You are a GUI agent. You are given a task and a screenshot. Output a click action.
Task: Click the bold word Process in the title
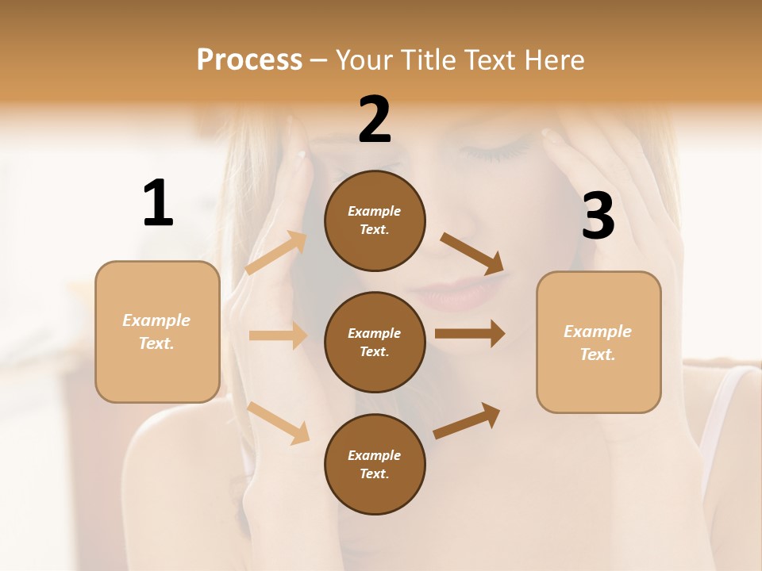coord(249,60)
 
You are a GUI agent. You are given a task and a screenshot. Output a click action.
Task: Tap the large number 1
coord(158,203)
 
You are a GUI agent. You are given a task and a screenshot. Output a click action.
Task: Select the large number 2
coord(375,120)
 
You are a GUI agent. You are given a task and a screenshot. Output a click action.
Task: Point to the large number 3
coord(598,217)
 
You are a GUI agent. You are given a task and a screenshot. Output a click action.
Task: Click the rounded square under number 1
coord(157,331)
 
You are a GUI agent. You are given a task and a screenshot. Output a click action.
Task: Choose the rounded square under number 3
coord(598,343)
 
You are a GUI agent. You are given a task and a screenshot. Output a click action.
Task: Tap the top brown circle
coord(375,220)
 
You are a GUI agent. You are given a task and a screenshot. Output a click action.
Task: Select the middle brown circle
coord(375,343)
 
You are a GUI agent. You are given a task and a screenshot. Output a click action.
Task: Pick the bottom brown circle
coord(375,464)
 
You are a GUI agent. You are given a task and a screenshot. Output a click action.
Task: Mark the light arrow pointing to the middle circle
coord(278,335)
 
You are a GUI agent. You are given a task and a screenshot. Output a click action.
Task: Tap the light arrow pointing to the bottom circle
coord(279,423)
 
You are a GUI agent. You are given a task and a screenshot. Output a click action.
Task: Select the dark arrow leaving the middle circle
coord(470,333)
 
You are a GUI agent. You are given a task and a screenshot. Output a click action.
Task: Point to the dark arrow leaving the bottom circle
coord(467,421)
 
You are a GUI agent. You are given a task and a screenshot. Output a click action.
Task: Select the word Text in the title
coord(486,60)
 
